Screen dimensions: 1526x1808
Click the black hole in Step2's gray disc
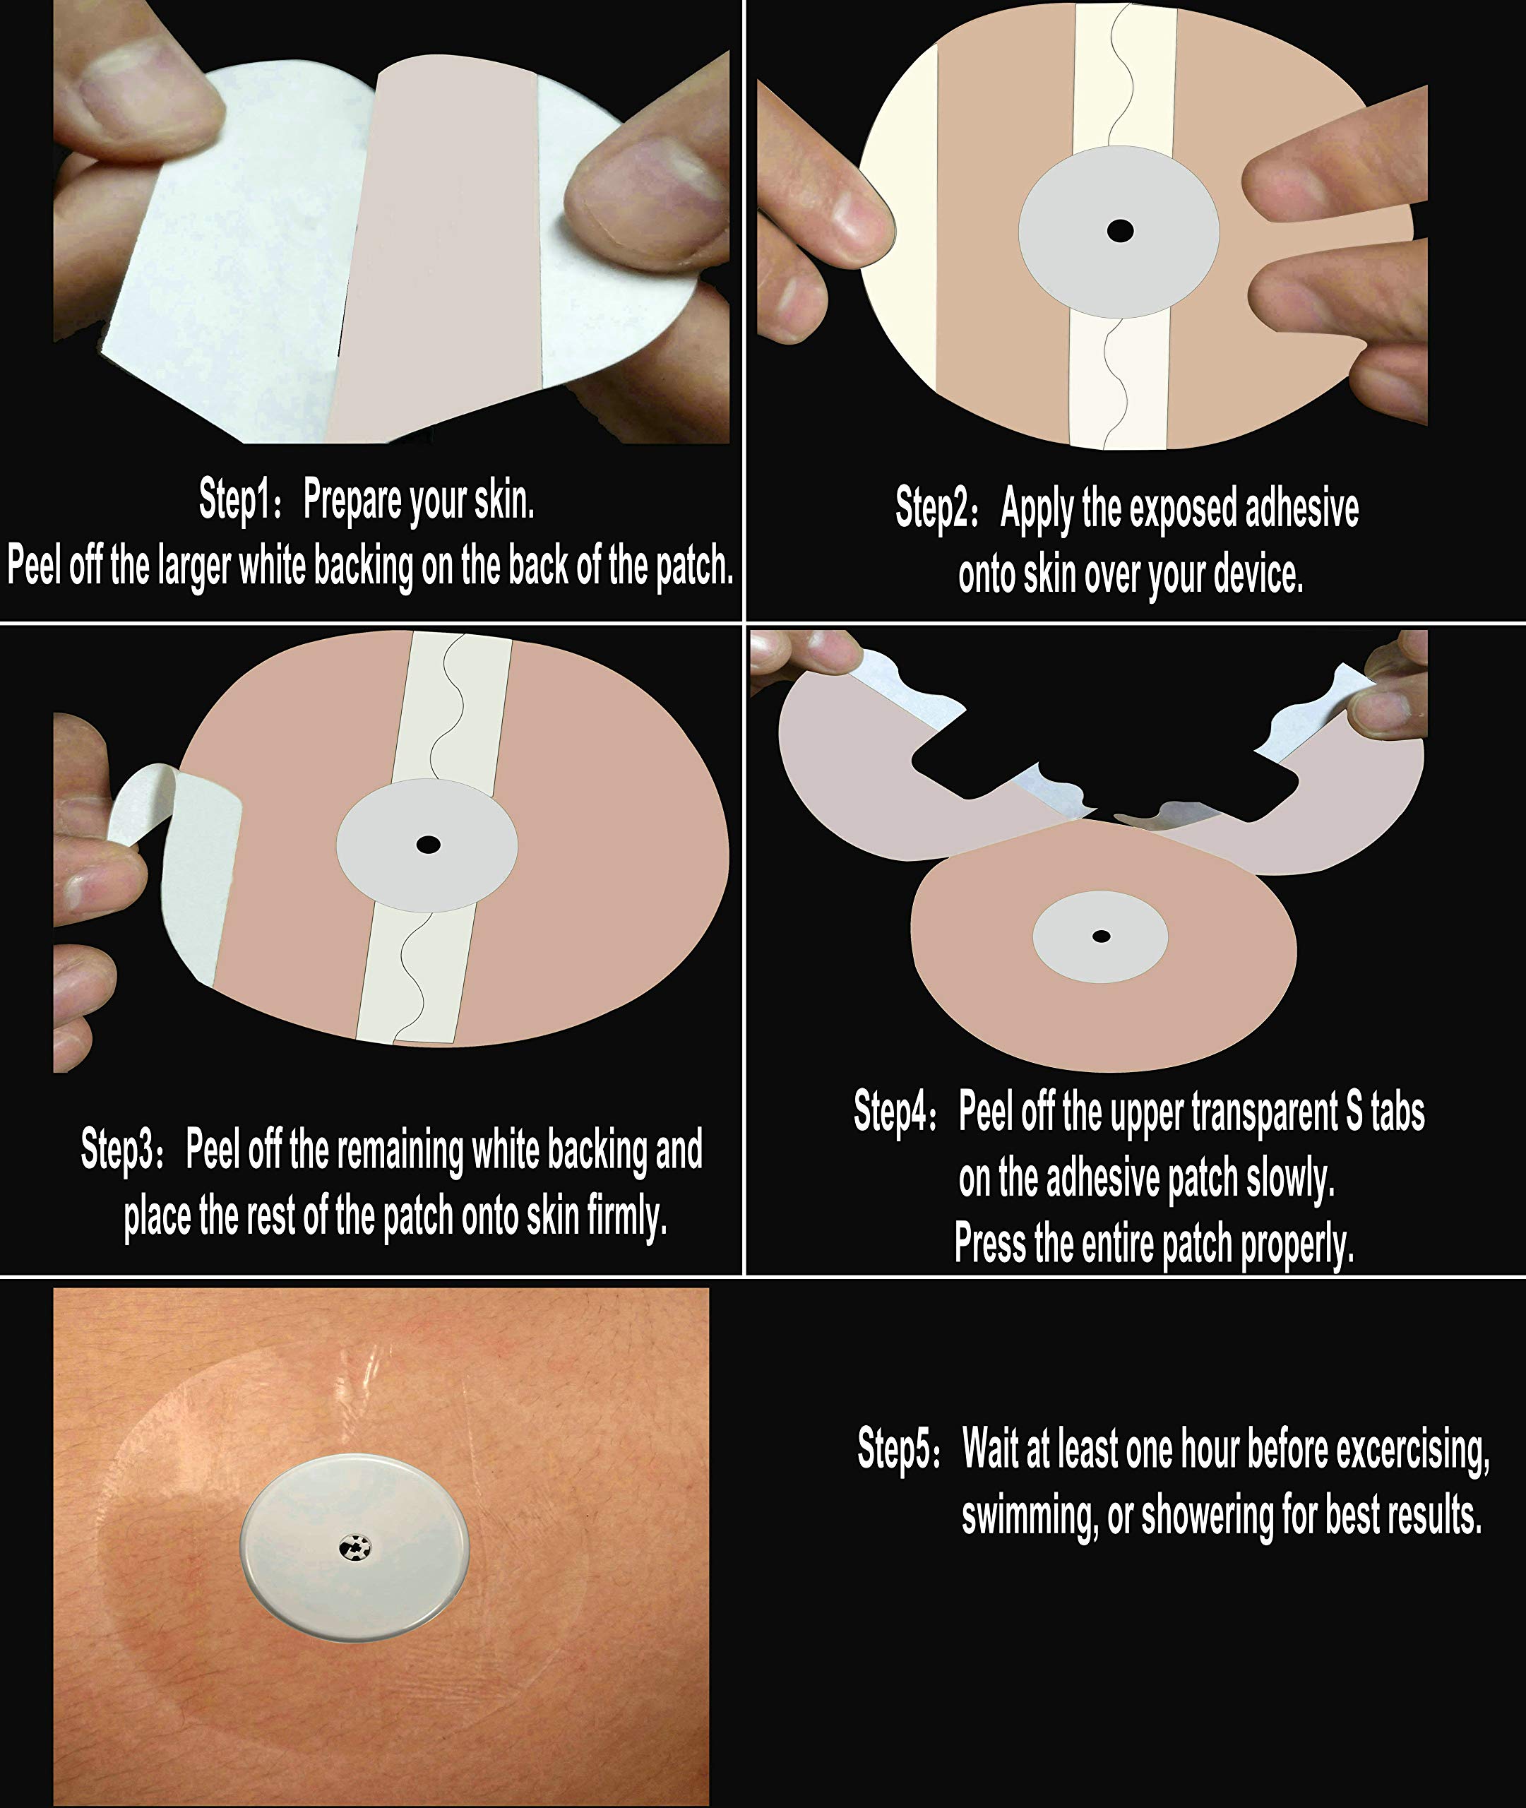[x=1120, y=231]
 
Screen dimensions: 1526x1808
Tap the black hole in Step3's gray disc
[x=427, y=844]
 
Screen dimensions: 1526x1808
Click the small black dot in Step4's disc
[x=1101, y=936]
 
